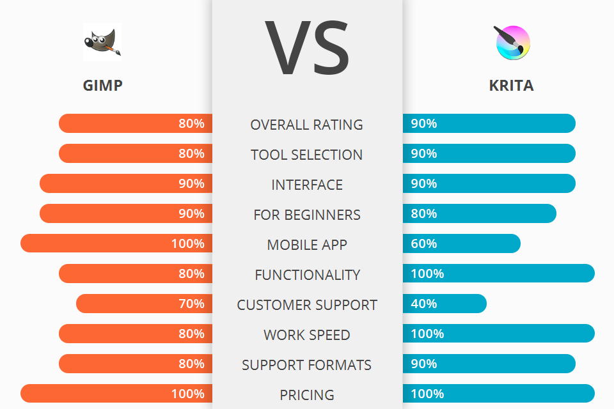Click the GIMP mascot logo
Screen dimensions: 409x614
(102, 42)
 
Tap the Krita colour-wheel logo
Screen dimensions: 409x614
(512, 43)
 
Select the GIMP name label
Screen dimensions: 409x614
(102, 86)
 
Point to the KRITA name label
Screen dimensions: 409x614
(511, 86)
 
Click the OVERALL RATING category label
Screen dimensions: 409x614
(307, 125)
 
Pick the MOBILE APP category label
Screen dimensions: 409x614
(307, 245)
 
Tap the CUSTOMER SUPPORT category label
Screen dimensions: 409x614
(307, 305)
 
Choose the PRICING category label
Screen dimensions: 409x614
(307, 395)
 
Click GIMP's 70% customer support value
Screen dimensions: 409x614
(191, 304)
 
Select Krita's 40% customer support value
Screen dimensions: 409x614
(423, 304)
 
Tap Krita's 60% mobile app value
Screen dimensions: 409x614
(423, 243)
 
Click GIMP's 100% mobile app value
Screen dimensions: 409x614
(188, 243)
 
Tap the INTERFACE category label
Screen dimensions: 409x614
(307, 185)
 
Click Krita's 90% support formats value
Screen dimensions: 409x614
(423, 364)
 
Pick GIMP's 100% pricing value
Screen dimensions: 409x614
(188, 394)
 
